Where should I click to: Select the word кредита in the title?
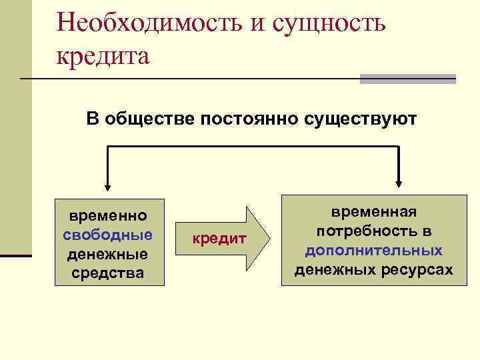[x=103, y=55]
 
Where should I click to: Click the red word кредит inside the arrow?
[x=219, y=239]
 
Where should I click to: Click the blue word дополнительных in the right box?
[x=374, y=251]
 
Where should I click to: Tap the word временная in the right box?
[x=374, y=211]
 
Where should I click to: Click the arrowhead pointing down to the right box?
[x=398, y=185]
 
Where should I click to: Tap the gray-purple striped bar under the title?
[x=407, y=79]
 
